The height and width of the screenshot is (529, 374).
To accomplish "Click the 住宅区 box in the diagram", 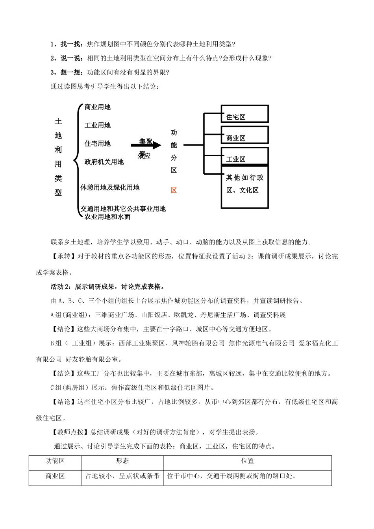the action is pos(244,114).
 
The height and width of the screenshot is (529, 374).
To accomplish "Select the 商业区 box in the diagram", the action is pos(244,135).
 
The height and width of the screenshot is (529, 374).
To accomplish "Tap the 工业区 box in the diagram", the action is pos(244,156).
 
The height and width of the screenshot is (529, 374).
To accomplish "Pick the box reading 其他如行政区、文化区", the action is pos(244,190).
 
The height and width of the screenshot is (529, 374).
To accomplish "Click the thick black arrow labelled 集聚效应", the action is pos(146,145).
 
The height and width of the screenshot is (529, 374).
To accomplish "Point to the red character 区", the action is pos(174,191).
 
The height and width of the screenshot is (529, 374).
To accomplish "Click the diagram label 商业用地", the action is pos(98,107).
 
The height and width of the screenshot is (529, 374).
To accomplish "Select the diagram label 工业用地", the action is pos(98,126).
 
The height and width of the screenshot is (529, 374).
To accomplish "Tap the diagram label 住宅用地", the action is pos(98,144).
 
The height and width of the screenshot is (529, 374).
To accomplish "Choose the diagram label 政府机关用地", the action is pos(104,162).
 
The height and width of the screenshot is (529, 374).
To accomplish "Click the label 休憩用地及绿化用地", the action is pos(110,188).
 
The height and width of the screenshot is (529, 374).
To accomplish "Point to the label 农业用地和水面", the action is pos(107,217).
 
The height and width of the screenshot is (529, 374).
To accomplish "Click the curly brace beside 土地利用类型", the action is pos(76,161).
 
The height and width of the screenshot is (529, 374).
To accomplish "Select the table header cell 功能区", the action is pos(55,461).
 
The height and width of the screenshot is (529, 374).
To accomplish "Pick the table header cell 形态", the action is pos(122,461).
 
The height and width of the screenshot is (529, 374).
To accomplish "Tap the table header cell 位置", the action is pos(247,461).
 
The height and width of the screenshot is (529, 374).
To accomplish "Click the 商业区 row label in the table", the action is pos(55,476).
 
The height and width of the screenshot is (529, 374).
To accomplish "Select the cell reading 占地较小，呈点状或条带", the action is pos(122,476).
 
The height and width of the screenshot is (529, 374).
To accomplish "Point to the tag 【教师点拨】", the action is pos(67,432).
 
